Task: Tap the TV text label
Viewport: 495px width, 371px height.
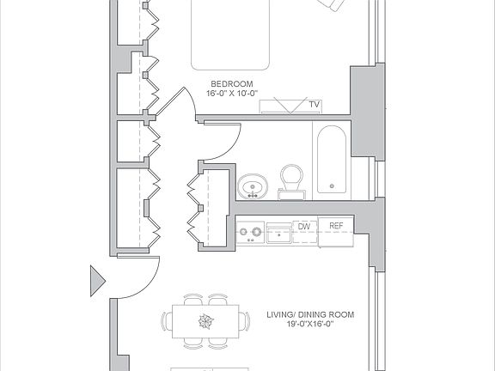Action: coord(315,105)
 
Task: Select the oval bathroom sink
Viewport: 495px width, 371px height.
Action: coord(253,185)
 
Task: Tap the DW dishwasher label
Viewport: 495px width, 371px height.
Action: coord(303,227)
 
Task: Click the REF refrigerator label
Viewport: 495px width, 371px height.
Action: coord(336,227)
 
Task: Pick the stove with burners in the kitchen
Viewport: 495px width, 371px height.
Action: coord(251,231)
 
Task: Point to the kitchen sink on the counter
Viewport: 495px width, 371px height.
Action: coord(279,232)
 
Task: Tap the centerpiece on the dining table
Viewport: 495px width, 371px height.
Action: coord(205,323)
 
